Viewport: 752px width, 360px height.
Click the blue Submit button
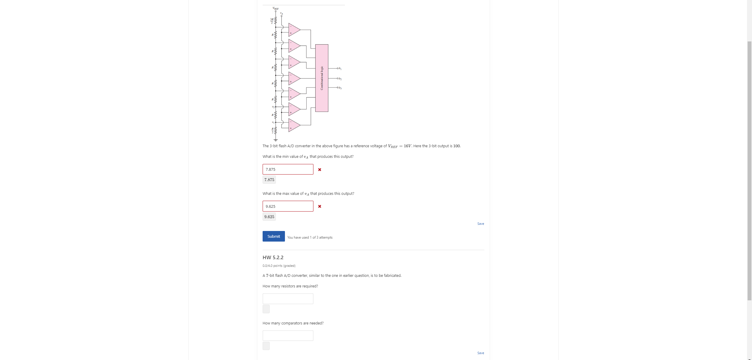(273, 236)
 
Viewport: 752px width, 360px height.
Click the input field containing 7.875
(288, 169)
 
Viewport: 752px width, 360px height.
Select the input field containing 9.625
(288, 206)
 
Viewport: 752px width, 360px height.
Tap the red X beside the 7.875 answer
(320, 170)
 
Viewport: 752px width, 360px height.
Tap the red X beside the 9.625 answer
(320, 206)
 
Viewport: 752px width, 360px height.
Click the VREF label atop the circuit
(276, 8)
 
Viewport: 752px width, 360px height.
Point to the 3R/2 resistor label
(66, 21)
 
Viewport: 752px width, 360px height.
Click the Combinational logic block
(322, 78)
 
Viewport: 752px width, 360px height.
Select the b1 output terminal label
(340, 68)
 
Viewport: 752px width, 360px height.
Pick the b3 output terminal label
(340, 88)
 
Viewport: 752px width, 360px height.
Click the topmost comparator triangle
(294, 30)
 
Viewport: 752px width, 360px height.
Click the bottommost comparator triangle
(294, 125)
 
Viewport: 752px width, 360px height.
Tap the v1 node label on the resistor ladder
(67, 122)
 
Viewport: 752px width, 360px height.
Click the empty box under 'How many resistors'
(288, 299)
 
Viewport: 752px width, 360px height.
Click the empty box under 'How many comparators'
(288, 336)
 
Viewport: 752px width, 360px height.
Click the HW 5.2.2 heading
(273, 257)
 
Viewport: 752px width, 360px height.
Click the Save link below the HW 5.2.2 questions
(481, 353)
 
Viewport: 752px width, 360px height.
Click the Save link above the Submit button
(481, 224)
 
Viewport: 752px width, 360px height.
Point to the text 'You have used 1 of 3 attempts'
(310, 237)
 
